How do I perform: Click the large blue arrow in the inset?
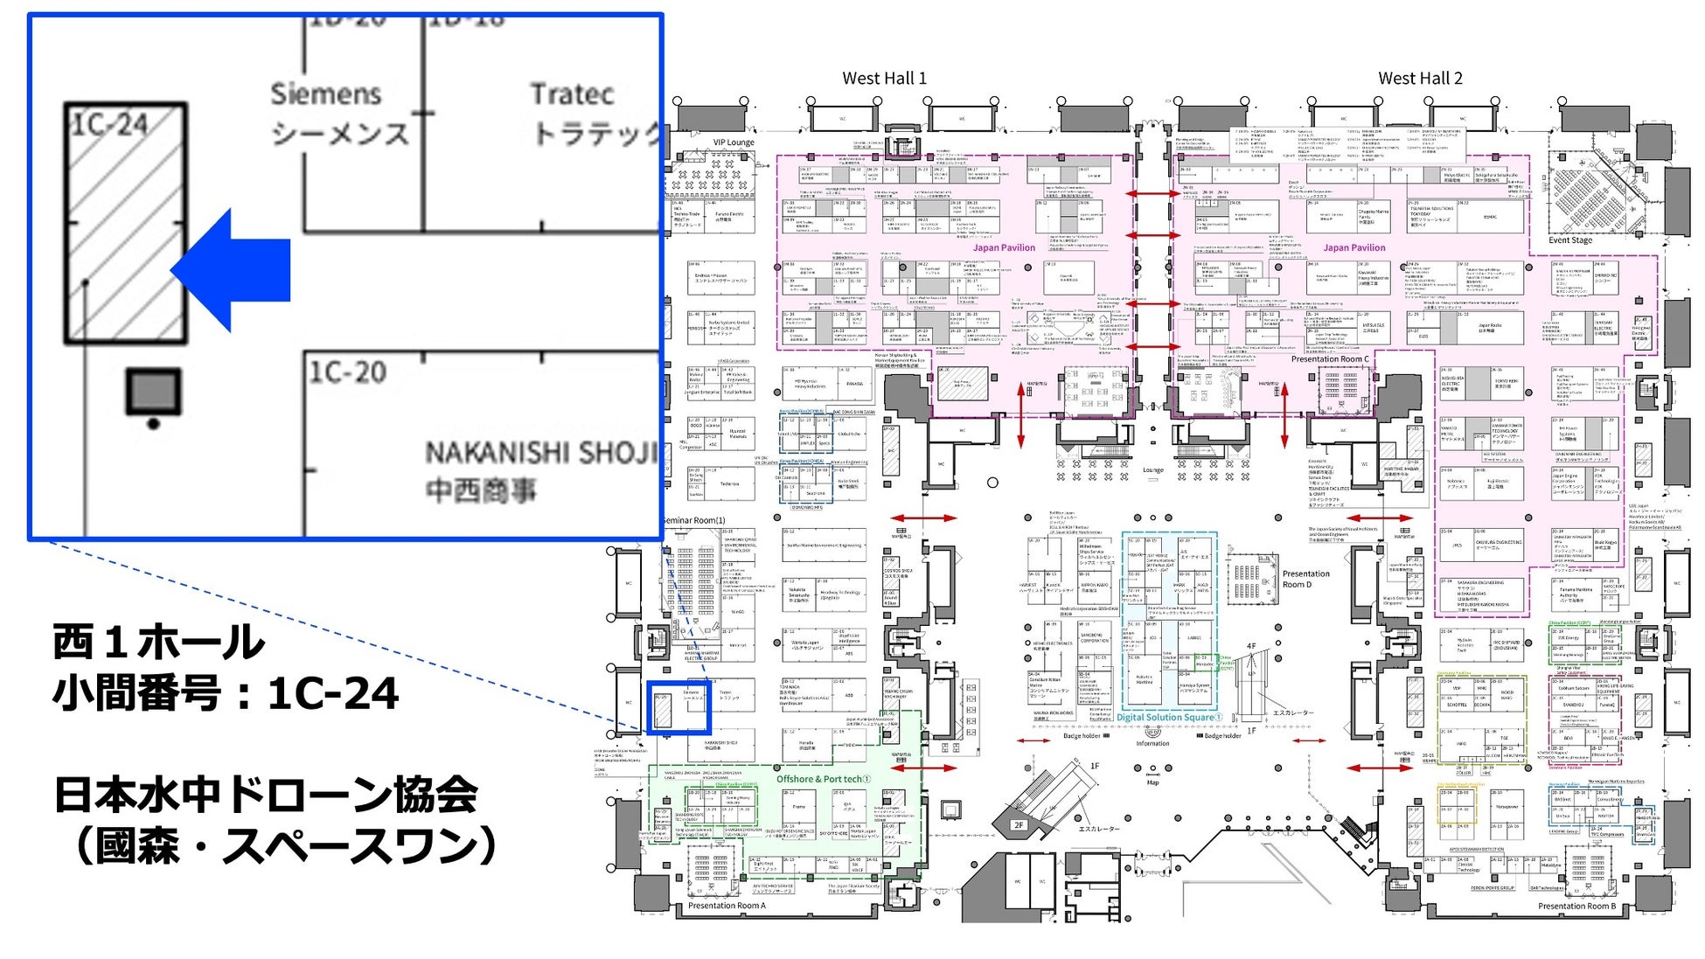232,269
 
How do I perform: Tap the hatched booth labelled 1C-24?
126,224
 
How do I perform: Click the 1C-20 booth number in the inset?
347,373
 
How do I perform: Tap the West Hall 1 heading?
884,79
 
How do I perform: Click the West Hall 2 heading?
1420,79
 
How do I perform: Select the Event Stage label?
1570,240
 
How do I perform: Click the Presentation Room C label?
1330,359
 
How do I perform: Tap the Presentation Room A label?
726,906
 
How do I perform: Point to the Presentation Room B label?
1576,907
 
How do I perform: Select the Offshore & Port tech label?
823,779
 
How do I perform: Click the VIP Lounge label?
733,142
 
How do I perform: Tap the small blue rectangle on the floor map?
678,708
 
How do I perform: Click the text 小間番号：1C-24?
226,694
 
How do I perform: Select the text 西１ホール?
158,643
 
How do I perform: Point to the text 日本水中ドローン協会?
266,795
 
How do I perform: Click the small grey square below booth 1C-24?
154,392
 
